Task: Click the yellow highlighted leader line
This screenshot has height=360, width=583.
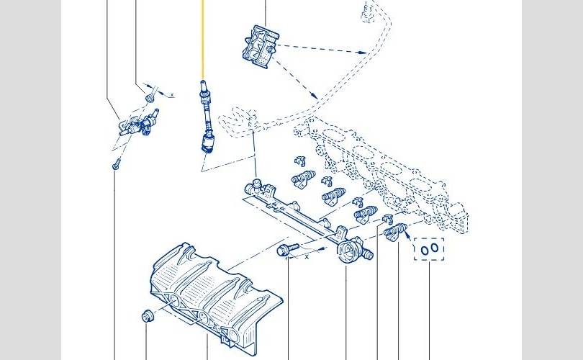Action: (202, 40)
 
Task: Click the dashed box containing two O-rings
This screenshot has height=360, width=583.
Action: (430, 248)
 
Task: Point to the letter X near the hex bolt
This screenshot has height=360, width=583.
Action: (306, 256)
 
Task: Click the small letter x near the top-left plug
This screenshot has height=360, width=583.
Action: (171, 94)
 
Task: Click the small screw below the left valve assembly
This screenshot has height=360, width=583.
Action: (115, 165)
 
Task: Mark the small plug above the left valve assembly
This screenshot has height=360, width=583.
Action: (150, 95)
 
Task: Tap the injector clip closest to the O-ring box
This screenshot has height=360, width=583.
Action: (384, 219)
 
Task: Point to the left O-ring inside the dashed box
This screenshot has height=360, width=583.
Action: (425, 249)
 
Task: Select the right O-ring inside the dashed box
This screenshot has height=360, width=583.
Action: (435, 249)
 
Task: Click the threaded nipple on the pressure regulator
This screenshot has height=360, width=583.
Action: (367, 253)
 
